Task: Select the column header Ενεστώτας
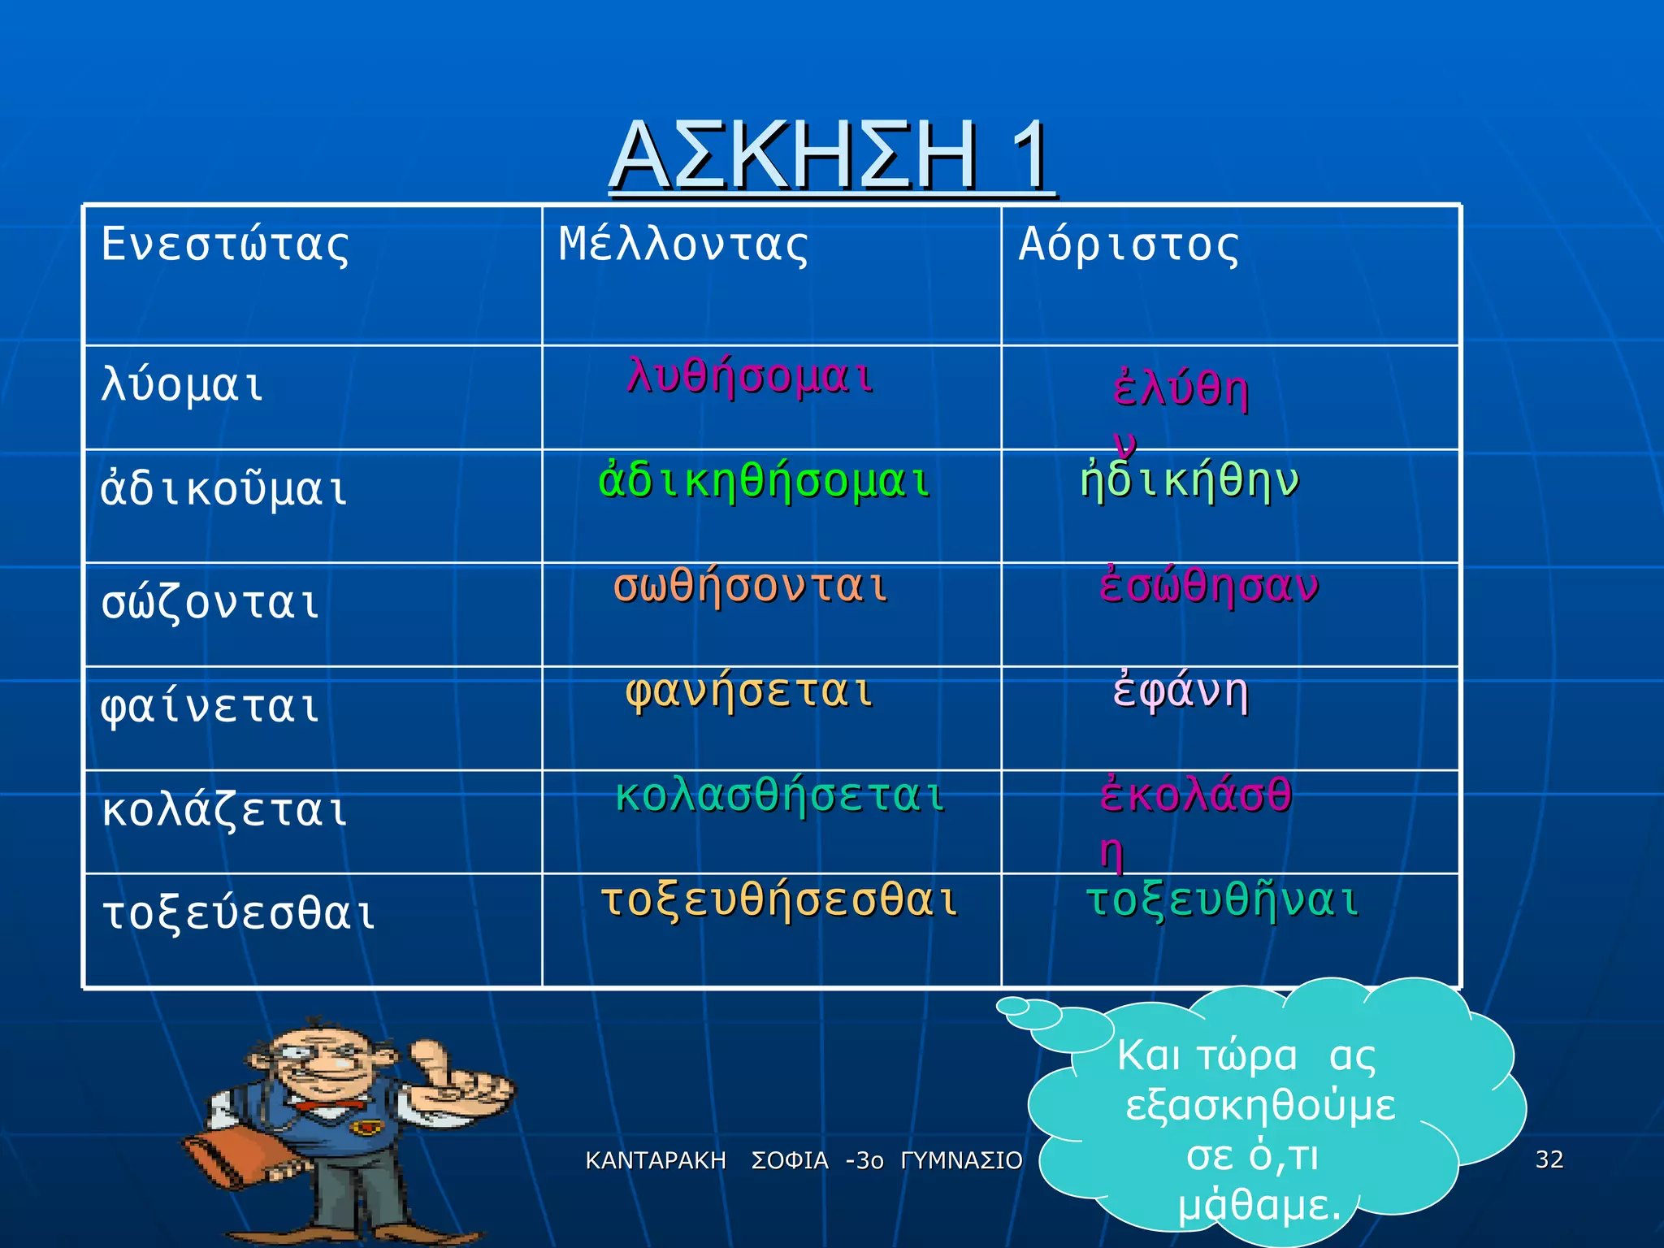click(x=225, y=245)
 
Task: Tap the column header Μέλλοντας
click(x=683, y=245)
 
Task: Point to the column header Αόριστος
click(x=1129, y=245)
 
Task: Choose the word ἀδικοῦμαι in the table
click(x=224, y=490)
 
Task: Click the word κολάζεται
click(x=225, y=810)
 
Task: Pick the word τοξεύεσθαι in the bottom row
click(x=238, y=913)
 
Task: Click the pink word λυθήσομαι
click(x=750, y=377)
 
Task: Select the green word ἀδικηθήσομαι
click(x=764, y=481)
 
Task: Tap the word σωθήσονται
click(x=750, y=586)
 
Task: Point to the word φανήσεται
click(x=749, y=691)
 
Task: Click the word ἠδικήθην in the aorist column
click(x=1189, y=481)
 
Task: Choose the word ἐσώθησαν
click(x=1209, y=586)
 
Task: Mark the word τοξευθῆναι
click(x=1223, y=900)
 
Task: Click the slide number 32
click(x=1549, y=1159)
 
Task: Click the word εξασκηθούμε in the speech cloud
click(x=1260, y=1106)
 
